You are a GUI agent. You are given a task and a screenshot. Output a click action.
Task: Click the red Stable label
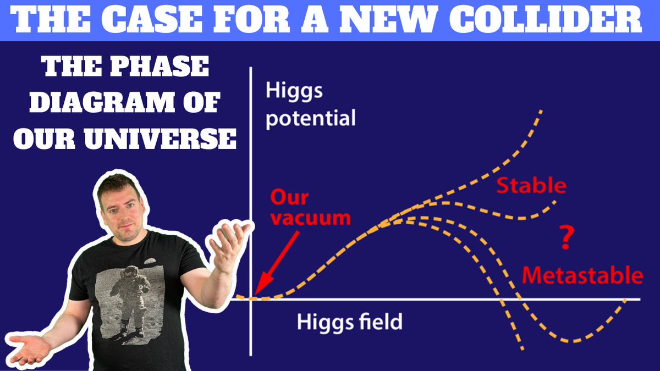pos(531,186)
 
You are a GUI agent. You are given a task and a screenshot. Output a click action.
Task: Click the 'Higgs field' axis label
pos(350,322)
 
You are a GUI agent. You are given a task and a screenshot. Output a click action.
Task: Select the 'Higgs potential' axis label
pos(310,104)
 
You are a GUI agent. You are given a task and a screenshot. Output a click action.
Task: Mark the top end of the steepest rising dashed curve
pos(541,110)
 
